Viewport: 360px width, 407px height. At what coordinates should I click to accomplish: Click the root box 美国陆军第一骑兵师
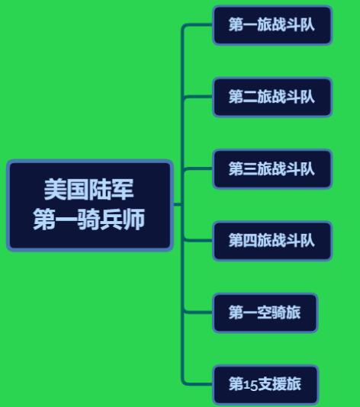[x=90, y=205]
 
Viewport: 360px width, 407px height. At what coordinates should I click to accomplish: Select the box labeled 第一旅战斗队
[x=272, y=25]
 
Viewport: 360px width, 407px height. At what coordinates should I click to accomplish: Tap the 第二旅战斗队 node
[x=272, y=97]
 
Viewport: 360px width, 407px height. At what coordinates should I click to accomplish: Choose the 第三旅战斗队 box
[x=272, y=168]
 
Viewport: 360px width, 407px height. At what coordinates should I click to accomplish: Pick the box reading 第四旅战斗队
[x=272, y=241]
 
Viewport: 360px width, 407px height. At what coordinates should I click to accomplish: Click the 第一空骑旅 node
[x=265, y=312]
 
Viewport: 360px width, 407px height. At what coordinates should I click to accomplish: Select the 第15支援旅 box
[x=265, y=384]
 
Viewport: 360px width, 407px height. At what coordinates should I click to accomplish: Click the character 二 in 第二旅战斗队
[x=250, y=97]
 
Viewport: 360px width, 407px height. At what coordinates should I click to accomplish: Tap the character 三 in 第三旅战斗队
[x=250, y=168]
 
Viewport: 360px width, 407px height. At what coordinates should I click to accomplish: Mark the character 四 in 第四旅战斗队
[x=250, y=240]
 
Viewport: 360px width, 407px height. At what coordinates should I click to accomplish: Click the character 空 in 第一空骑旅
[x=264, y=312]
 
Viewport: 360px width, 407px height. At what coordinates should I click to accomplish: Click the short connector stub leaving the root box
[x=178, y=204]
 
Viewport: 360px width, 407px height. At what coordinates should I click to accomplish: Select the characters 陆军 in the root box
[x=111, y=190]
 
